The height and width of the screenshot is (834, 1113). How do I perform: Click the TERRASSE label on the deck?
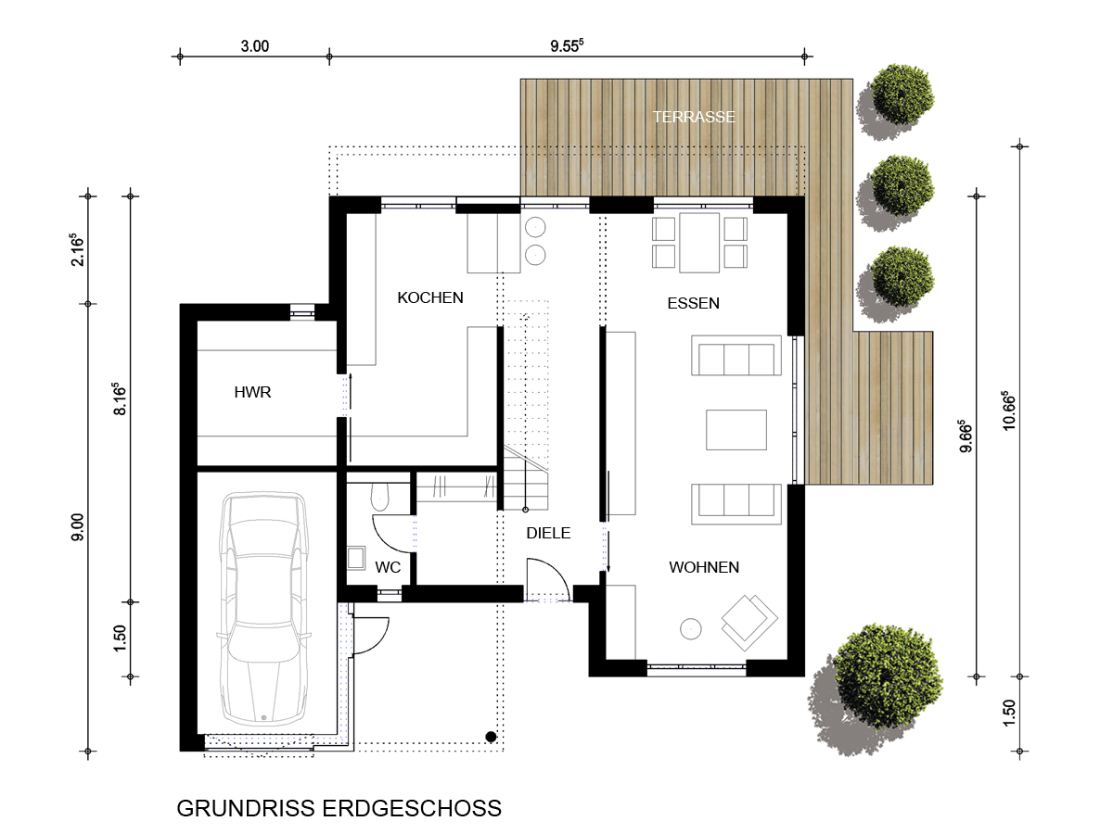pos(693,117)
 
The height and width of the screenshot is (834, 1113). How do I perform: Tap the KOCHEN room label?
pos(430,297)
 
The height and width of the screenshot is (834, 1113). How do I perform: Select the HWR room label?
pos(252,392)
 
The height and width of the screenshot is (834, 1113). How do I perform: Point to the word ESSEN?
pos(693,303)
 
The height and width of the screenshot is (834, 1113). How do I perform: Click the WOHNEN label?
pos(704,567)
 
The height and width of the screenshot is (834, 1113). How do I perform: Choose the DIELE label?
pos(548,533)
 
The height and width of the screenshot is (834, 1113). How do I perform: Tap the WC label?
pos(388,567)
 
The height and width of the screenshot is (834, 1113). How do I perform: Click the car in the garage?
pos(263,609)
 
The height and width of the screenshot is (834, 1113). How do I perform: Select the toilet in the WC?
pos(379,497)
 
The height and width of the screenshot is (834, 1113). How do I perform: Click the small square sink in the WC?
pos(356,558)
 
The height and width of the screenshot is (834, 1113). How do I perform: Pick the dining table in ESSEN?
pos(699,243)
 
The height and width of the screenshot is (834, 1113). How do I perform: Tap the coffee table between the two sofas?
pos(736,429)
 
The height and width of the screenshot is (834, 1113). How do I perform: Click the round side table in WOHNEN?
pos(691,629)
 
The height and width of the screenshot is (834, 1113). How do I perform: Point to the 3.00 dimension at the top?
pos(254,46)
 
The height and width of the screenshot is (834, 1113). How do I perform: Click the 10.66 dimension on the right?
pos(1009,411)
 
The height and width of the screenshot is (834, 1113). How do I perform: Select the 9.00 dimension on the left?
pos(78,527)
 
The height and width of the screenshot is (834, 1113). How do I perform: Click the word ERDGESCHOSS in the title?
pos(412,808)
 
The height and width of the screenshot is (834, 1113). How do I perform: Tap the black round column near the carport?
pos(491,737)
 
